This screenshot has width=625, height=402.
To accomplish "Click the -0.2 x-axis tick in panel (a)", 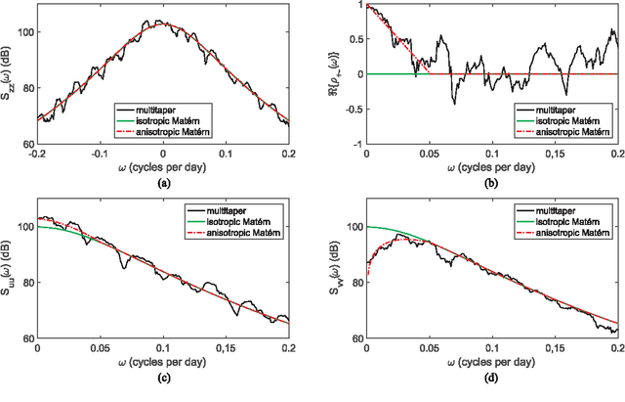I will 37,153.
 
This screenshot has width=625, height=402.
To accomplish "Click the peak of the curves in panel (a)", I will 163,22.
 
